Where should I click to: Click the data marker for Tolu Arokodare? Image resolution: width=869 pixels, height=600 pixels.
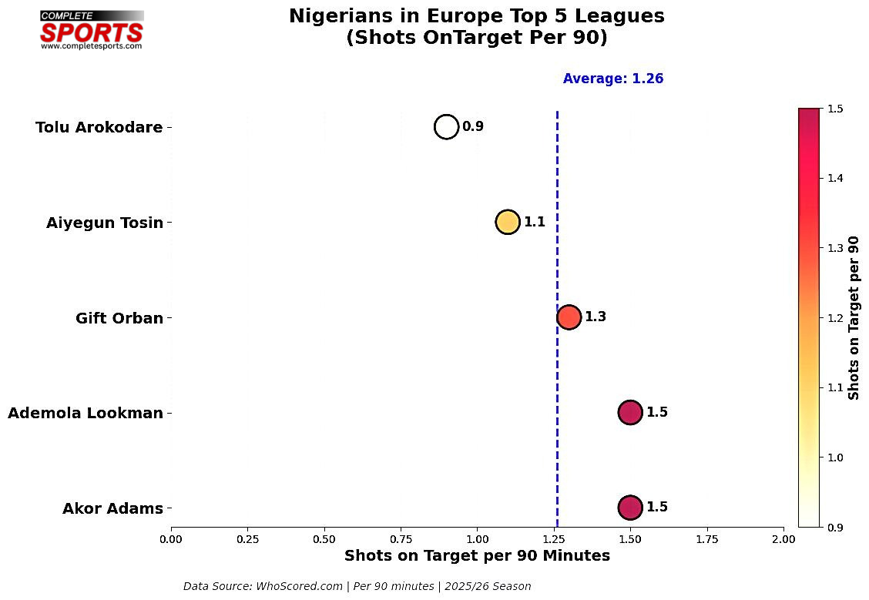click(446, 126)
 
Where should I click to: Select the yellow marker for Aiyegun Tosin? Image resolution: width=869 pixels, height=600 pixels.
click(507, 222)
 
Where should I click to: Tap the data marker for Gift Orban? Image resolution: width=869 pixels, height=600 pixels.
click(569, 317)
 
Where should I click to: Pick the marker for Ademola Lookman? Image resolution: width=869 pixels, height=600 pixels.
click(629, 412)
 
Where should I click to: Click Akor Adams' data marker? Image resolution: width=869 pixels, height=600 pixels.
click(629, 508)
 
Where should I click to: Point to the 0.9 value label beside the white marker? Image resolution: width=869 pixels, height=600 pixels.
click(473, 126)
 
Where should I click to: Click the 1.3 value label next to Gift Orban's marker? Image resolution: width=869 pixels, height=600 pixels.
click(596, 317)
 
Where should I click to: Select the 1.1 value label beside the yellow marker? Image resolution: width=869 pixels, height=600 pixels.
click(535, 222)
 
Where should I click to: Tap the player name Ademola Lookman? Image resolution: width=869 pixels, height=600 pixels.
click(86, 414)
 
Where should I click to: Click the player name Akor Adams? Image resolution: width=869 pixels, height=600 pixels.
click(112, 508)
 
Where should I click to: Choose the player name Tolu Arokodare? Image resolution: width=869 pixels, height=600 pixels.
click(99, 128)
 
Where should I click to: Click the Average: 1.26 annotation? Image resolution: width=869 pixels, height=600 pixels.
click(613, 79)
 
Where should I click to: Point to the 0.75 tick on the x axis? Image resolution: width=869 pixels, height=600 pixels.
click(401, 538)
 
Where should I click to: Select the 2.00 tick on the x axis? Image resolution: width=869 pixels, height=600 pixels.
click(783, 538)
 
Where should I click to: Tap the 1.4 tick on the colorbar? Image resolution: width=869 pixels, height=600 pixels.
click(834, 179)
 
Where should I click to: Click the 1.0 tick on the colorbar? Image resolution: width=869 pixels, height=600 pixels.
click(834, 458)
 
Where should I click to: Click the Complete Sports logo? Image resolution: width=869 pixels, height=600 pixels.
click(92, 31)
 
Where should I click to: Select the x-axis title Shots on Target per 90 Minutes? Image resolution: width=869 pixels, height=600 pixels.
click(477, 556)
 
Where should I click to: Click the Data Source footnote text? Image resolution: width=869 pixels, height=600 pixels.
click(357, 586)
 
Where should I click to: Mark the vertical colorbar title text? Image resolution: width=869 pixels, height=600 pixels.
click(854, 317)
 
